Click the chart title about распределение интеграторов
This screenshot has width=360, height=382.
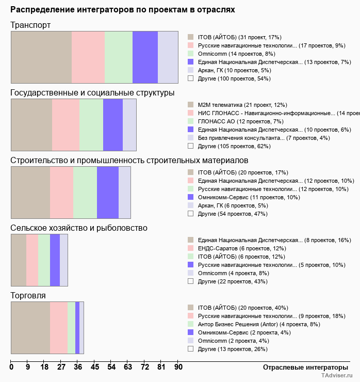click(x=122, y=10)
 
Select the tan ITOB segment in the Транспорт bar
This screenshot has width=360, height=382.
click(x=41, y=57)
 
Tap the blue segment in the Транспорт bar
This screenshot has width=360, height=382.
click(x=145, y=57)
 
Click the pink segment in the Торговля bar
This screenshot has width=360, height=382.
click(x=59, y=328)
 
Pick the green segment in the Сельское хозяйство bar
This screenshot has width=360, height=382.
click(x=44, y=260)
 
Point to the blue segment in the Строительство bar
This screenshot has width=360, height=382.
click(x=108, y=193)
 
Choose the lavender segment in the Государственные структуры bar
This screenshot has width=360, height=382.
click(x=129, y=124)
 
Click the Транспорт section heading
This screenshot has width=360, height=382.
click(x=30, y=25)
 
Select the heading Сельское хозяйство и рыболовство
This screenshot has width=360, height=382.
click(x=79, y=228)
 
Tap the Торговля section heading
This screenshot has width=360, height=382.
click(x=28, y=296)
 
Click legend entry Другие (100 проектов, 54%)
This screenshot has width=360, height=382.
click(x=234, y=78)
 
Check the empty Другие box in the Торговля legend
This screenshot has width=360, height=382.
click(x=190, y=349)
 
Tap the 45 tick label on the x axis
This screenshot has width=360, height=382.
click(x=95, y=367)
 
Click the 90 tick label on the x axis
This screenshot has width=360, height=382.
click(x=178, y=367)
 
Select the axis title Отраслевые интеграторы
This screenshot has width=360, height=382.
click(x=302, y=367)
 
